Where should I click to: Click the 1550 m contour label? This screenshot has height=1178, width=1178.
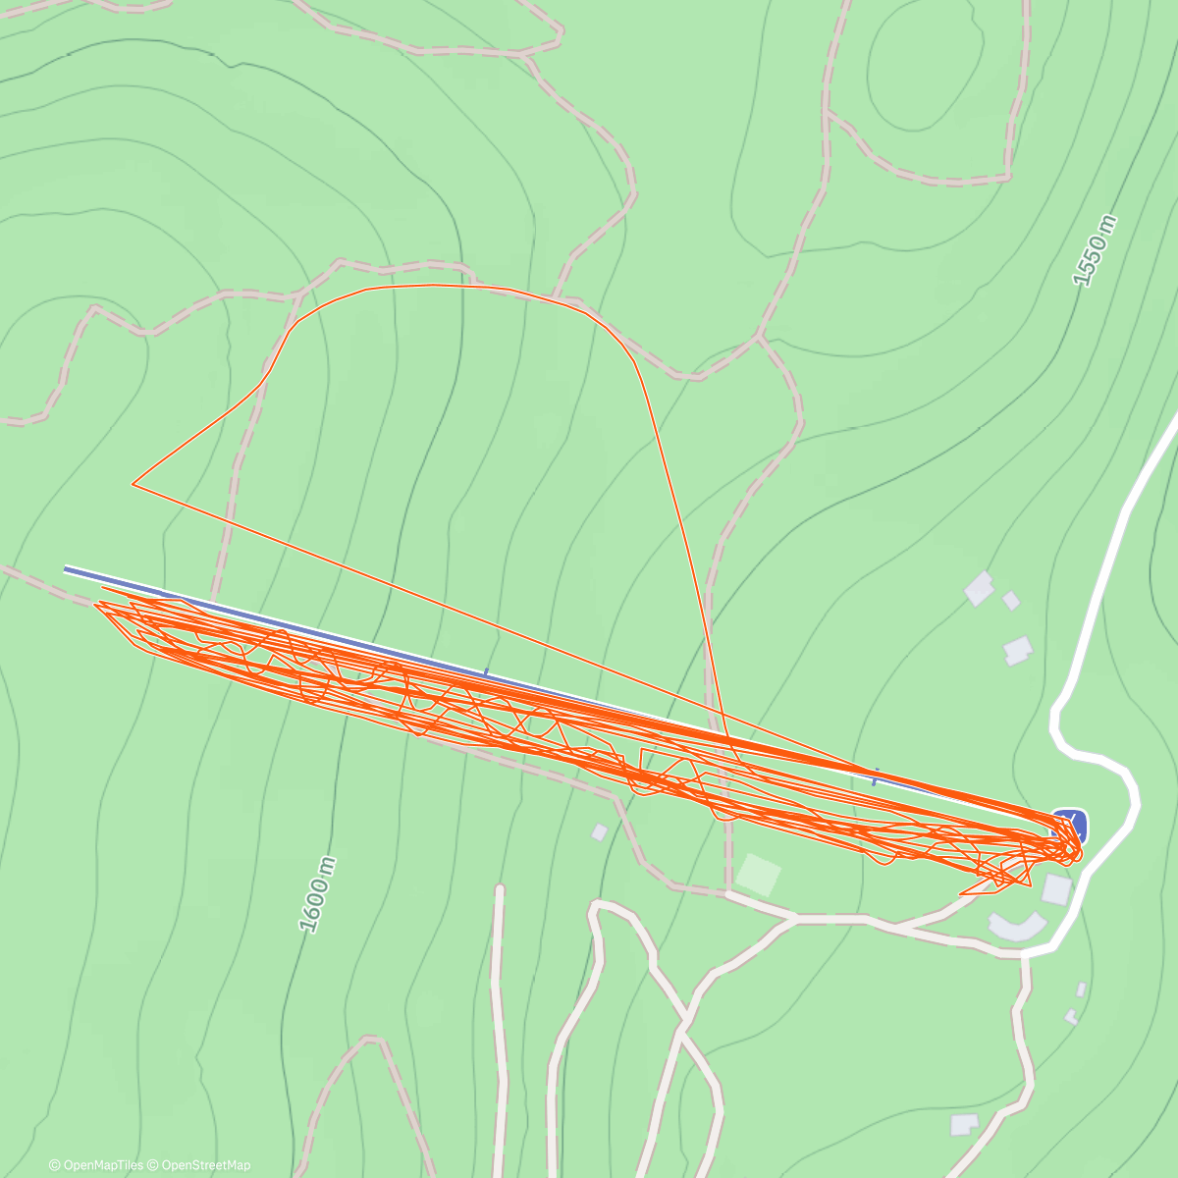click(1096, 250)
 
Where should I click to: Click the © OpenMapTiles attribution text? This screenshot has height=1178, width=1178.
click(96, 1165)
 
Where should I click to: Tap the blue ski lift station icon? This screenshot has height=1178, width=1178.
click(1069, 822)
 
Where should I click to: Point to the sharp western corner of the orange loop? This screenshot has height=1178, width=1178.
click(134, 483)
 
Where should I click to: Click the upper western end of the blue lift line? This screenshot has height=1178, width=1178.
click(67, 568)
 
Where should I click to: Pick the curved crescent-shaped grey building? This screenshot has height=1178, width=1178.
click(1017, 926)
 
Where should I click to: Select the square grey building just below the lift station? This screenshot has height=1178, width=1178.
click(1056, 889)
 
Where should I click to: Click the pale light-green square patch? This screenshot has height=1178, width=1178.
click(759, 873)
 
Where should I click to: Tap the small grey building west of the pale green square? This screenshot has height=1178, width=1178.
click(599, 832)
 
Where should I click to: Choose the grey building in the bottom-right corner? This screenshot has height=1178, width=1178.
click(964, 1124)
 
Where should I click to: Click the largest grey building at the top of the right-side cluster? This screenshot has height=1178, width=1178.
click(980, 588)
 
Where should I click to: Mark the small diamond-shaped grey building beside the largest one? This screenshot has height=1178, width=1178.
click(1010, 600)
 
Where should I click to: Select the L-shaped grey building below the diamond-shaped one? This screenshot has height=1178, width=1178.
click(1018, 650)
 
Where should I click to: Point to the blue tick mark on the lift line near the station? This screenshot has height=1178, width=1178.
click(875, 777)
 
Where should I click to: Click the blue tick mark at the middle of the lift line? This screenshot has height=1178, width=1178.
click(485, 673)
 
